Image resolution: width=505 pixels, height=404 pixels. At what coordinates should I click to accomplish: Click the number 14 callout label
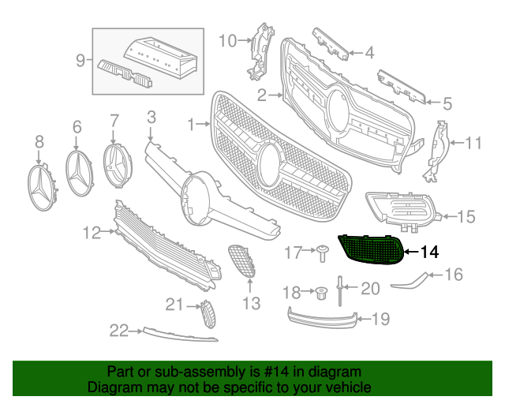pyautogui.click(x=428, y=252)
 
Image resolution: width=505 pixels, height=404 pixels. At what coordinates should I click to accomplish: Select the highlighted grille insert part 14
pyautogui.click(x=372, y=250)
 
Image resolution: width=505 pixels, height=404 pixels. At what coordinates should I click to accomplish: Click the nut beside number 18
pyautogui.click(x=320, y=294)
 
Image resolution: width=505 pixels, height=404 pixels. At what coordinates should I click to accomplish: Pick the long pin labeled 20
pyautogui.click(x=339, y=291)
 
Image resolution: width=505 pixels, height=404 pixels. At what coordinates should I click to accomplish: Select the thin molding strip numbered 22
pyautogui.click(x=178, y=334)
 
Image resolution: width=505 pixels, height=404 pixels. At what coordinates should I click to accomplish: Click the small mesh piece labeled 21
pyautogui.click(x=207, y=313)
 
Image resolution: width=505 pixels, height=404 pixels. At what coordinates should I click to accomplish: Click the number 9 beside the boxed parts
pyautogui.click(x=80, y=59)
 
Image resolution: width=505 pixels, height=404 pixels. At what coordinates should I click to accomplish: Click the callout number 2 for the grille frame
pyautogui.click(x=261, y=95)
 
